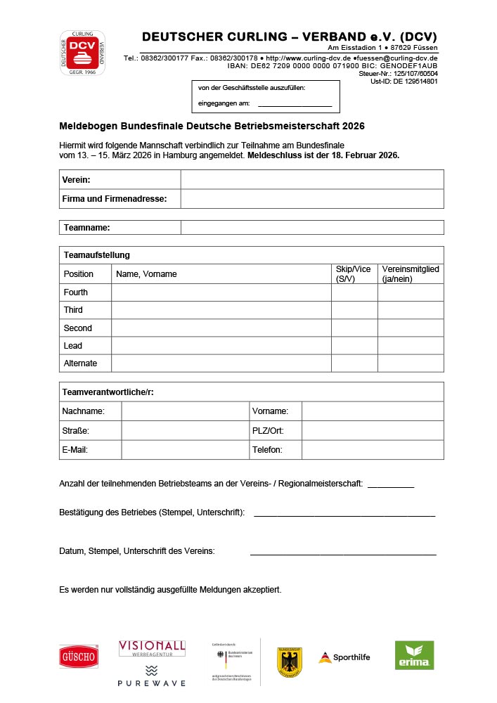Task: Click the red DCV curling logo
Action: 82,53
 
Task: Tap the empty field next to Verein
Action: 311,179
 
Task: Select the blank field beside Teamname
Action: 311,227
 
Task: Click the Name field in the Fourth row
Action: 221,292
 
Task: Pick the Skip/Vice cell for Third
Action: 354,309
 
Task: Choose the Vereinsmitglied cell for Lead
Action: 411,345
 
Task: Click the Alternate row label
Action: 80,363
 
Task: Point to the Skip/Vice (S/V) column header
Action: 354,273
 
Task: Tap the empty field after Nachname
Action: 185,411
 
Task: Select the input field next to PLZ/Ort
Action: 373,430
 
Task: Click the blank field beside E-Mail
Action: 185,449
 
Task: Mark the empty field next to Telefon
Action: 373,449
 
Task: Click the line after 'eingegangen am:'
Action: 295,105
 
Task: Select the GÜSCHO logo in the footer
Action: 79,657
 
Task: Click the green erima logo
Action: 414,655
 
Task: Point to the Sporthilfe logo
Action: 344,657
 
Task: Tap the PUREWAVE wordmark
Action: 151,683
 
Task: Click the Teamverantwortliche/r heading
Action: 108,392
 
